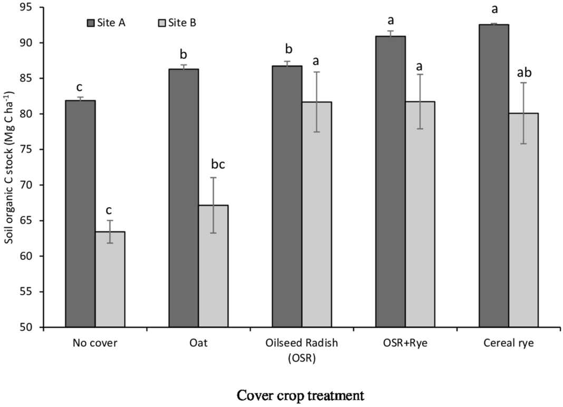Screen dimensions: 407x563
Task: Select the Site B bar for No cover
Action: click(110, 279)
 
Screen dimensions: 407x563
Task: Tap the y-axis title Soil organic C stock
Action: click(9, 168)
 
